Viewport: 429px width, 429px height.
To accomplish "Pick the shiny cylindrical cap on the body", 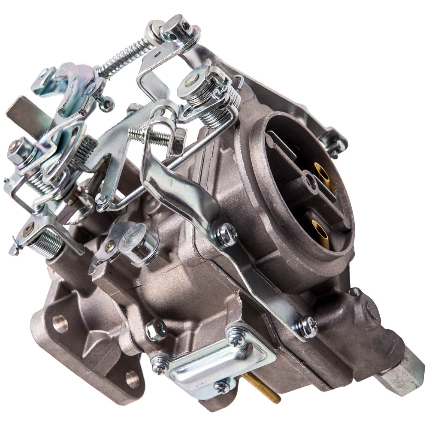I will click(139, 245).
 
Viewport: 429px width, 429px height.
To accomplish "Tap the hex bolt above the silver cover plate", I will click(156, 329).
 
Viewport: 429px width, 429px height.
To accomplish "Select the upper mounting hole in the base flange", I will click(60, 323).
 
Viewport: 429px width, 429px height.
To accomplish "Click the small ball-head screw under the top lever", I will click(106, 103).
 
